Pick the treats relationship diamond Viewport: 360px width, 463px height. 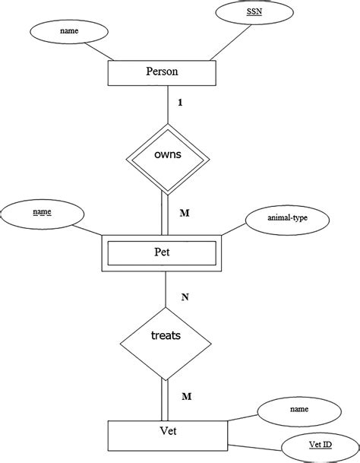click(x=166, y=335)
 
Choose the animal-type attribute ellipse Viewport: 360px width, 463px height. click(x=287, y=218)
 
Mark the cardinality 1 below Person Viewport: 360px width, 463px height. click(x=179, y=102)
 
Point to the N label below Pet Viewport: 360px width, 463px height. click(x=184, y=297)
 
